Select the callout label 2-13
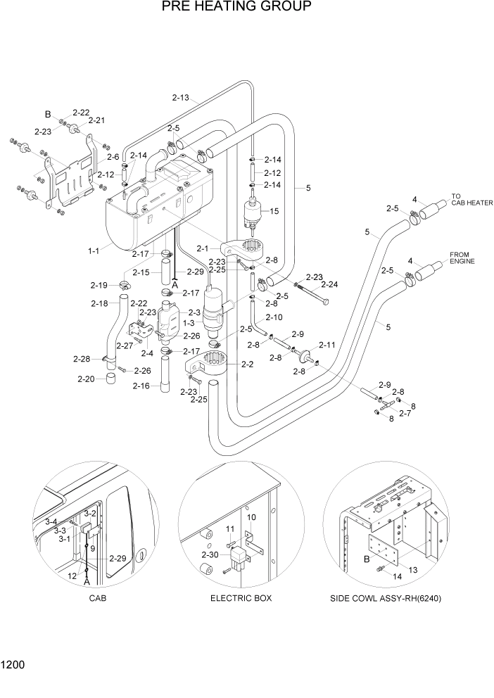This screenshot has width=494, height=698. (x=180, y=98)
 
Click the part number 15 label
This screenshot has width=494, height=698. (x=274, y=211)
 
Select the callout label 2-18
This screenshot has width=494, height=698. (x=101, y=303)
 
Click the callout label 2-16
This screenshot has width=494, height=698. (x=141, y=386)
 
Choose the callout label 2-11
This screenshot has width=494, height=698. (x=328, y=345)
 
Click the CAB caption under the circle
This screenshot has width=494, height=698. (x=98, y=598)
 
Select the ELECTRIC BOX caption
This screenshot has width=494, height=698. (x=241, y=598)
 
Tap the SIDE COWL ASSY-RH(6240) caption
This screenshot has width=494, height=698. (x=390, y=598)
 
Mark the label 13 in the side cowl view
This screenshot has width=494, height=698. (x=412, y=569)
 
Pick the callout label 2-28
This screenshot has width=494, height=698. (x=82, y=359)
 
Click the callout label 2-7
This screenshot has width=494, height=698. (x=405, y=414)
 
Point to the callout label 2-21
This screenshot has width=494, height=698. (x=96, y=120)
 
